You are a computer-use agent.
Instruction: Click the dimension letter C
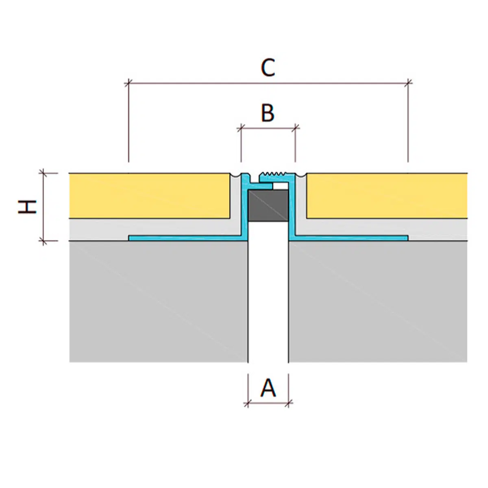tap(268, 68)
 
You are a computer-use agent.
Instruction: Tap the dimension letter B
tap(268, 113)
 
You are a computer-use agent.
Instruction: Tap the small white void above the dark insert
tap(281, 186)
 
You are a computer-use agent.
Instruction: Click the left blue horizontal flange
tap(187, 238)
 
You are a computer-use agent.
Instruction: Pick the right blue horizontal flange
tap(350, 238)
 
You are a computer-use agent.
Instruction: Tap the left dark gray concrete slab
tap(159, 301)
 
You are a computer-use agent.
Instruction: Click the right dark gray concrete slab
tap(378, 301)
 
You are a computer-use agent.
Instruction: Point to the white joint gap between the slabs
tap(268, 301)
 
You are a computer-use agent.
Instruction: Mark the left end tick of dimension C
tap(129, 83)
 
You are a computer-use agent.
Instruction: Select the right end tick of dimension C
tap(408, 83)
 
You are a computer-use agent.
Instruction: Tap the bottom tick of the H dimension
tap(44, 241)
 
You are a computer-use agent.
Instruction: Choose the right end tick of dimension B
tap(295, 129)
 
